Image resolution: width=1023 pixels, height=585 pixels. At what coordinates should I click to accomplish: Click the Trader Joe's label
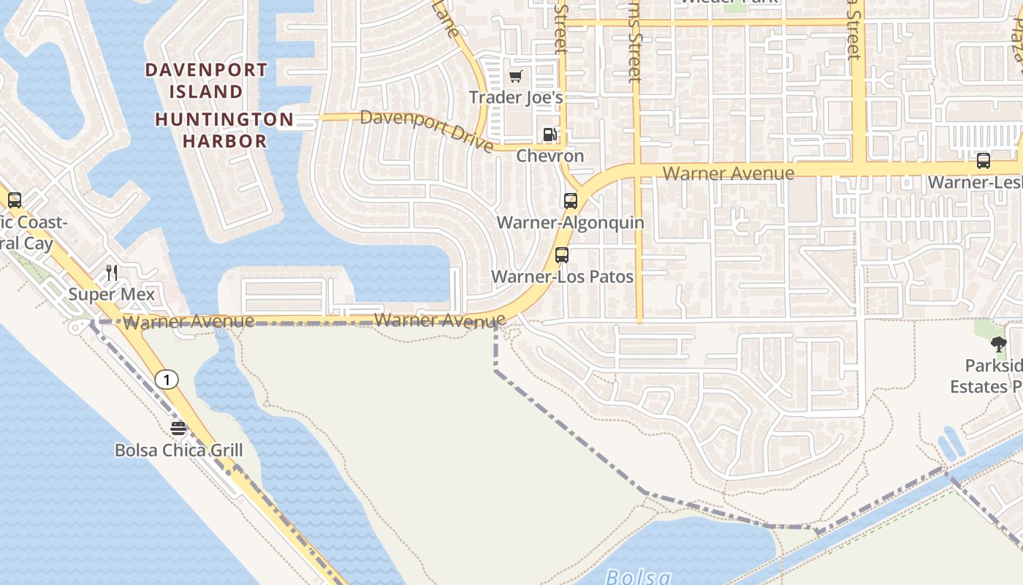coord(516,97)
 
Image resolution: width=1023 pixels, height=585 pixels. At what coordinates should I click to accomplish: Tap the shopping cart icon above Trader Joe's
coord(516,76)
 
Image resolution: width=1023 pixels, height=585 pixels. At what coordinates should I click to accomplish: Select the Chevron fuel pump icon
coord(549,135)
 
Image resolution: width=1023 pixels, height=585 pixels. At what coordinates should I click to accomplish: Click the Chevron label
coord(550,156)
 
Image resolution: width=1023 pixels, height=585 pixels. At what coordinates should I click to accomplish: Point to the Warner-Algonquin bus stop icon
coord(570,200)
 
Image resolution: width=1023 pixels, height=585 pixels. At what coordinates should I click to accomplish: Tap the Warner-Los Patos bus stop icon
coord(562,255)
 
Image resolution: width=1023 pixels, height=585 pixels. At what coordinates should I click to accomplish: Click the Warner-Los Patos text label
coord(562,276)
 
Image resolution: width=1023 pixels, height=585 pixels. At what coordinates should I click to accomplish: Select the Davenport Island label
coord(207,80)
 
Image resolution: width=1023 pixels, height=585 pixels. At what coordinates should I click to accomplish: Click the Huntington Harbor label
coord(224,129)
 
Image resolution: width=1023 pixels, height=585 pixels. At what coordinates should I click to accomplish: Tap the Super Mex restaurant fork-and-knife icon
coord(112,273)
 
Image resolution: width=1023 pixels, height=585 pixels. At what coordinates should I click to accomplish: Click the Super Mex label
coord(112,294)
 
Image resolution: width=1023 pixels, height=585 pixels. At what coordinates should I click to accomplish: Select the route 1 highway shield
coord(167,380)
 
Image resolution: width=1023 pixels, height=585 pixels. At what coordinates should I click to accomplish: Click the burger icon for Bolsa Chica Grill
coord(178,429)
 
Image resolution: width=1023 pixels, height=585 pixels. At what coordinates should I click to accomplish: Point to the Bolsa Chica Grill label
coord(178,450)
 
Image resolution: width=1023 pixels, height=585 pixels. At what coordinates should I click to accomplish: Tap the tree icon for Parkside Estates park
coord(999,344)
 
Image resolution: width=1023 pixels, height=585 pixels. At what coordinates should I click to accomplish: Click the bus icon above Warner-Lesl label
coord(984,161)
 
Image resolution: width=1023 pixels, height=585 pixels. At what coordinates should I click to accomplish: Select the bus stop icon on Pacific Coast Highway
coord(15,200)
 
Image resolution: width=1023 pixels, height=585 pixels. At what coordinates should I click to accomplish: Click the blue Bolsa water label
coord(638,577)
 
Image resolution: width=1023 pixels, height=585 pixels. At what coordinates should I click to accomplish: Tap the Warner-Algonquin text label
coord(570,222)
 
